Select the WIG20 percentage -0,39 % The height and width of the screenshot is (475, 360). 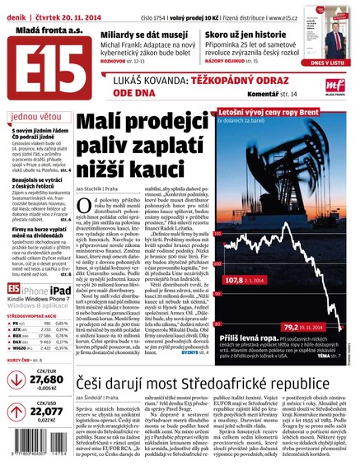tap(63, 348)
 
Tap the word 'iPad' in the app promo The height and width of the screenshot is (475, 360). tap(56, 290)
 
